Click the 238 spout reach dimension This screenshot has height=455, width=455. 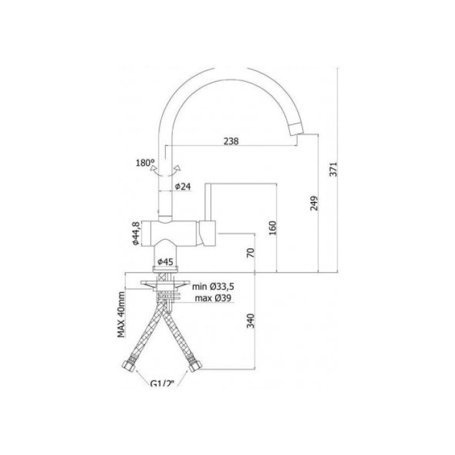[x=231, y=141]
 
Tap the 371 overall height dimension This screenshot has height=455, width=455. [x=333, y=169]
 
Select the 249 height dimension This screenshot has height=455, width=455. [x=314, y=203]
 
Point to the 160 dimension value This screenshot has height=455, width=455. [x=273, y=227]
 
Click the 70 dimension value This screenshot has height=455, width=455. [x=251, y=252]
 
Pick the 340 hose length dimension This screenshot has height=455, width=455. [x=251, y=320]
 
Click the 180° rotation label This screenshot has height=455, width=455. [x=146, y=162]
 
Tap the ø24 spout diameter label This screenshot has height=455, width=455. [x=183, y=187]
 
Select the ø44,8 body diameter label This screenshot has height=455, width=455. [x=136, y=233]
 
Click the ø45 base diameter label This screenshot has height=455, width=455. [x=165, y=262]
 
